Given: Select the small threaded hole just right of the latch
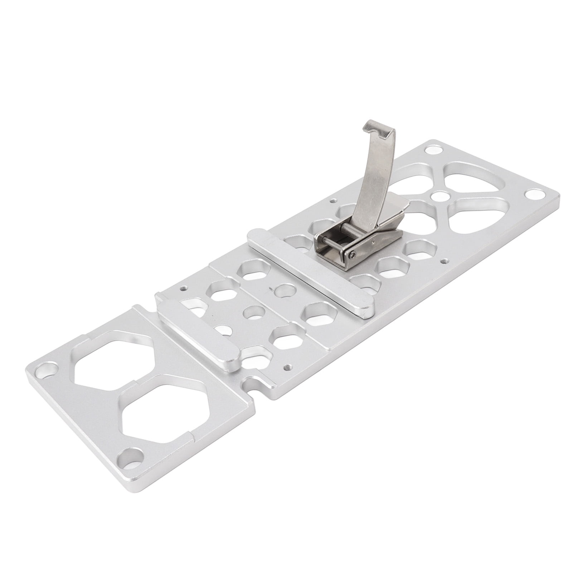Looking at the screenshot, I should tap(445, 260).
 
